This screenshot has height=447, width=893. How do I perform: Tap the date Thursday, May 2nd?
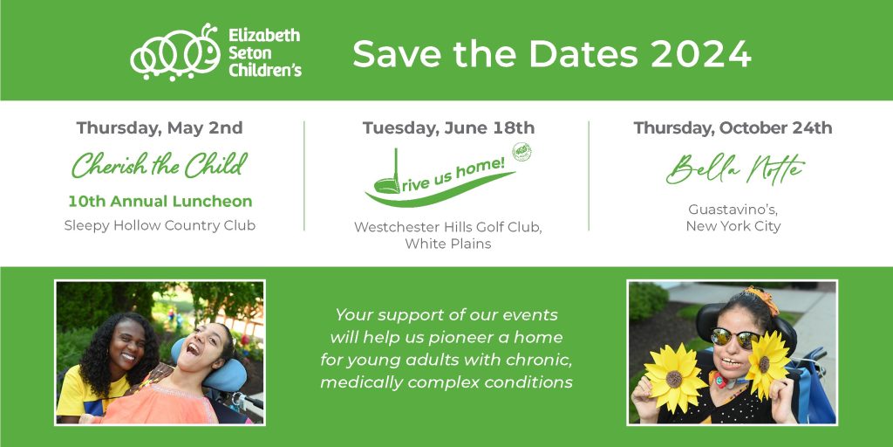(160, 127)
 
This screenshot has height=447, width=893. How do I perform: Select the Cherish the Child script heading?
(160, 165)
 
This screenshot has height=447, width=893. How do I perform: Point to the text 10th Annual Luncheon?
(160, 202)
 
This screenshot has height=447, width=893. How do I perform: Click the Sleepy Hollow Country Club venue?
(160, 225)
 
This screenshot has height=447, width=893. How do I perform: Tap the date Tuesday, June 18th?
(449, 127)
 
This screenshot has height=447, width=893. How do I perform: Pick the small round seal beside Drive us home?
(521, 152)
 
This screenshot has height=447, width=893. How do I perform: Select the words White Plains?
(448, 244)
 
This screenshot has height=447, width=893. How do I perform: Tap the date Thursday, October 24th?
(733, 127)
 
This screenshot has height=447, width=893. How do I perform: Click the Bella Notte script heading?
(735, 168)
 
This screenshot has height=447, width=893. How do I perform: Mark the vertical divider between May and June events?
(304, 175)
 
